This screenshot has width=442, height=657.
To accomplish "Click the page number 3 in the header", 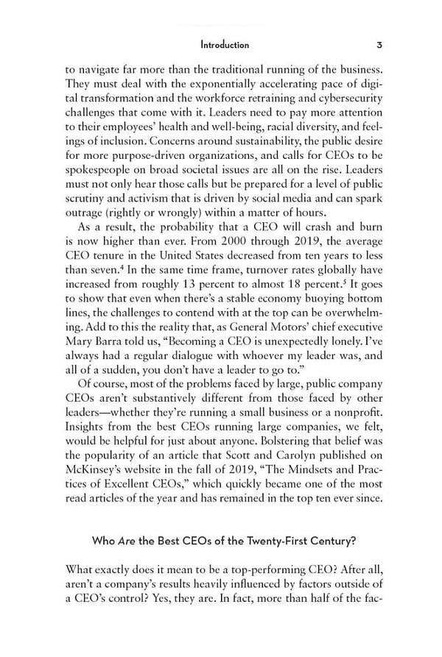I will coord(378,45).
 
